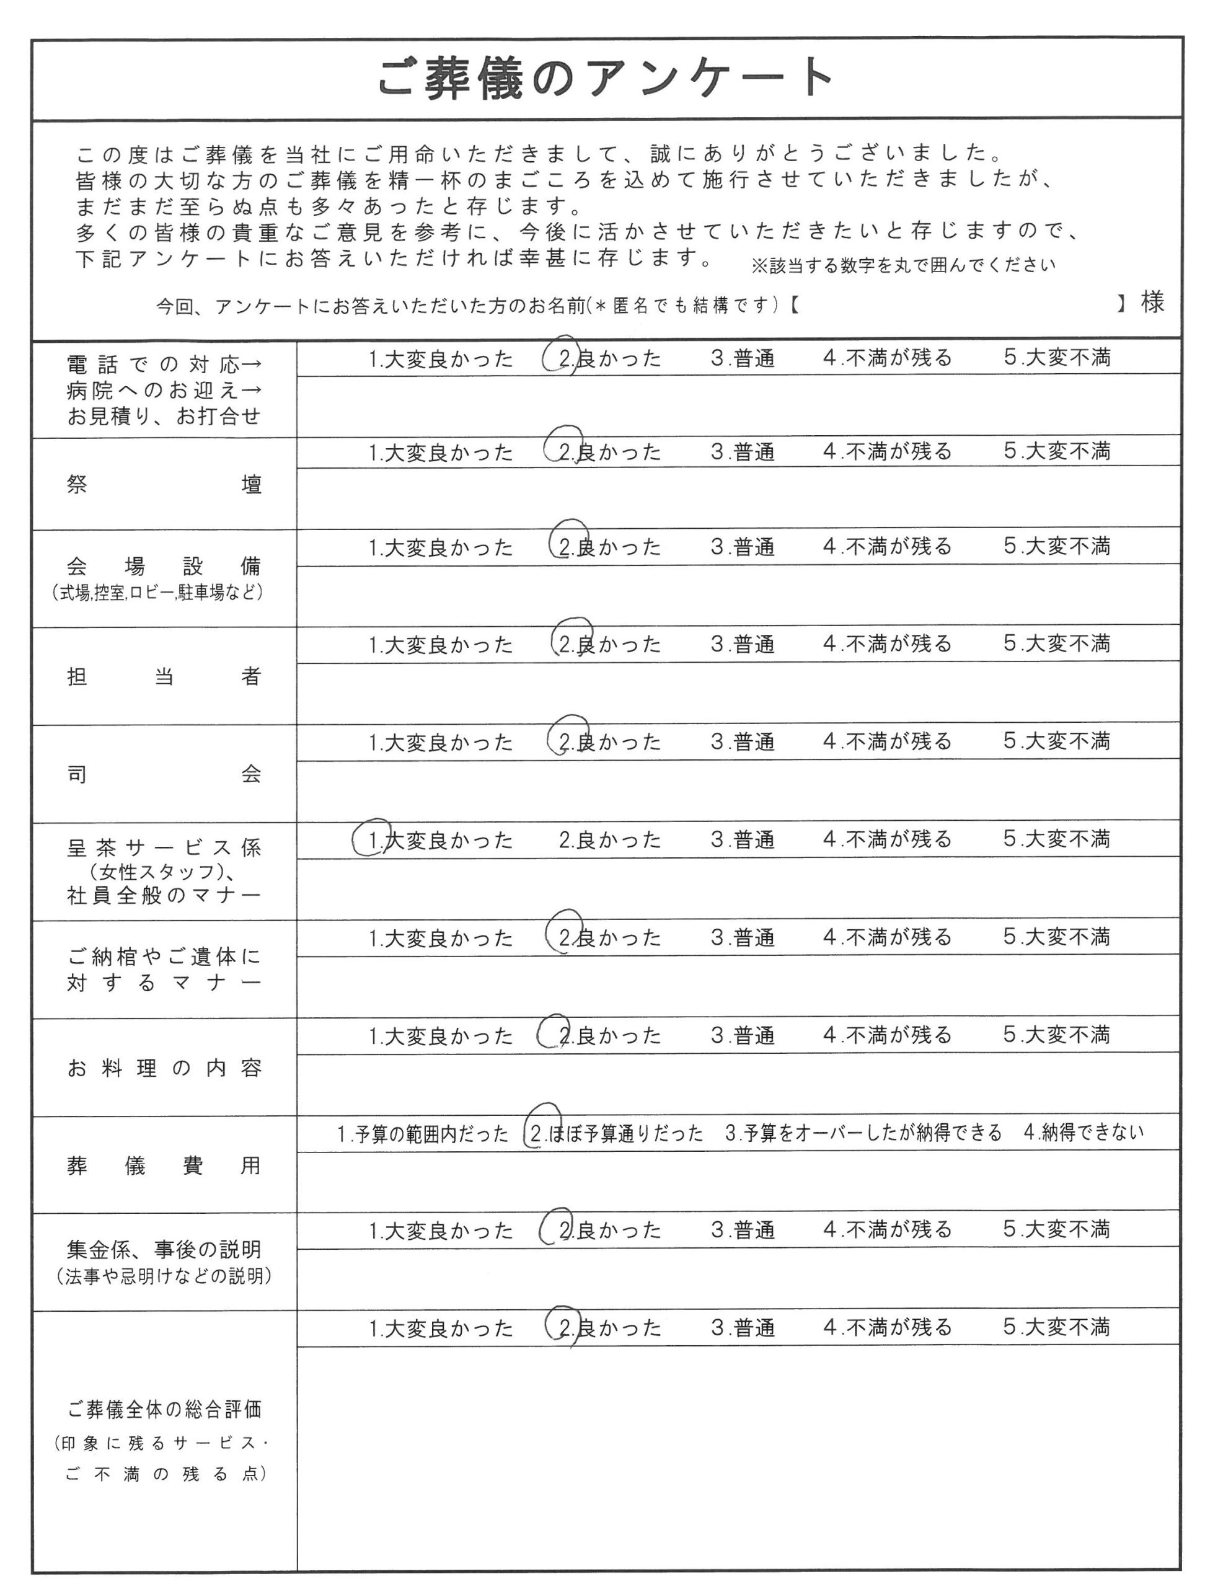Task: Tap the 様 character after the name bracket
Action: (x=1152, y=303)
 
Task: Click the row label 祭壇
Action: (x=164, y=484)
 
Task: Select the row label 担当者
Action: (x=164, y=676)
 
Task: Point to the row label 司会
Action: (x=164, y=774)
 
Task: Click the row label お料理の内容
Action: (x=164, y=1068)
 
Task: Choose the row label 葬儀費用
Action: (x=164, y=1166)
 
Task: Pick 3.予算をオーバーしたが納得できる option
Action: (x=863, y=1133)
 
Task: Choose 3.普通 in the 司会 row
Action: (x=743, y=741)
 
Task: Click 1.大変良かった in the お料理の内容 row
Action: (x=441, y=1036)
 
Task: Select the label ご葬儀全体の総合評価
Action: (x=164, y=1409)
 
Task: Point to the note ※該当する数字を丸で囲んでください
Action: (x=902, y=265)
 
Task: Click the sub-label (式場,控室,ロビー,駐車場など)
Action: (x=157, y=592)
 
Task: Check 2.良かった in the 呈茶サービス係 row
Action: (x=610, y=839)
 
